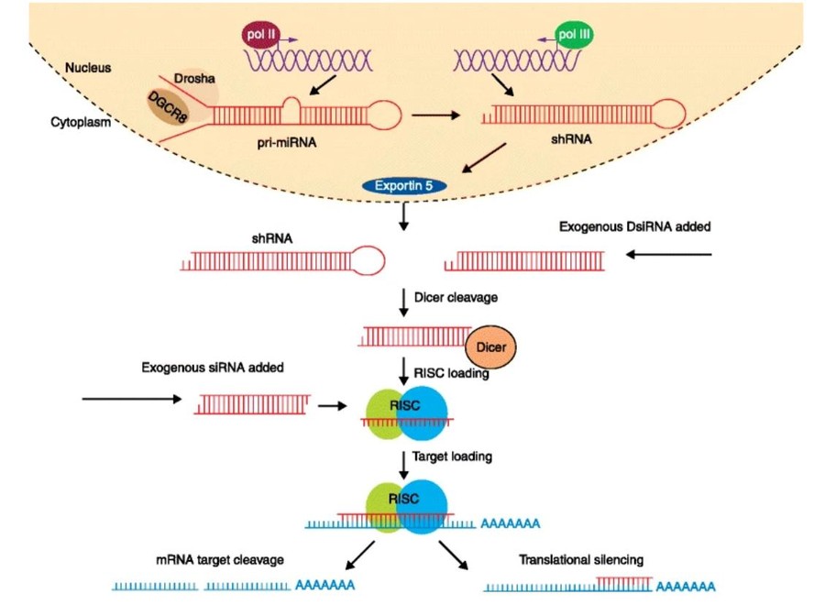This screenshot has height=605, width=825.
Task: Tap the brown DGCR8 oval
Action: coord(171,111)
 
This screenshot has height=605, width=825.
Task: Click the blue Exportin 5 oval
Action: coord(404,186)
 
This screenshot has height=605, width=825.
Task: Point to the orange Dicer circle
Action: coord(491,347)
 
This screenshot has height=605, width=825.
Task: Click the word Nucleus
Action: coord(89,68)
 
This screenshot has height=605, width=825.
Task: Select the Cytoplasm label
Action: coord(81,122)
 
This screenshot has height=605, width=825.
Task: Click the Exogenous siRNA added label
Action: coord(212,368)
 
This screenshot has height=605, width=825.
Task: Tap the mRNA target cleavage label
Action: coord(216,559)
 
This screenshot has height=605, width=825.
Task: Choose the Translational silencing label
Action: coord(581,559)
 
